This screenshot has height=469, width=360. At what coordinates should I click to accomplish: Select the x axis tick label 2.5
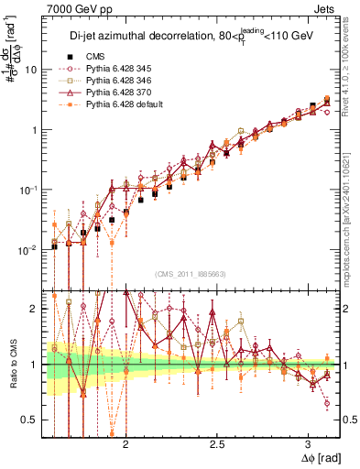(x=217, y=445)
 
